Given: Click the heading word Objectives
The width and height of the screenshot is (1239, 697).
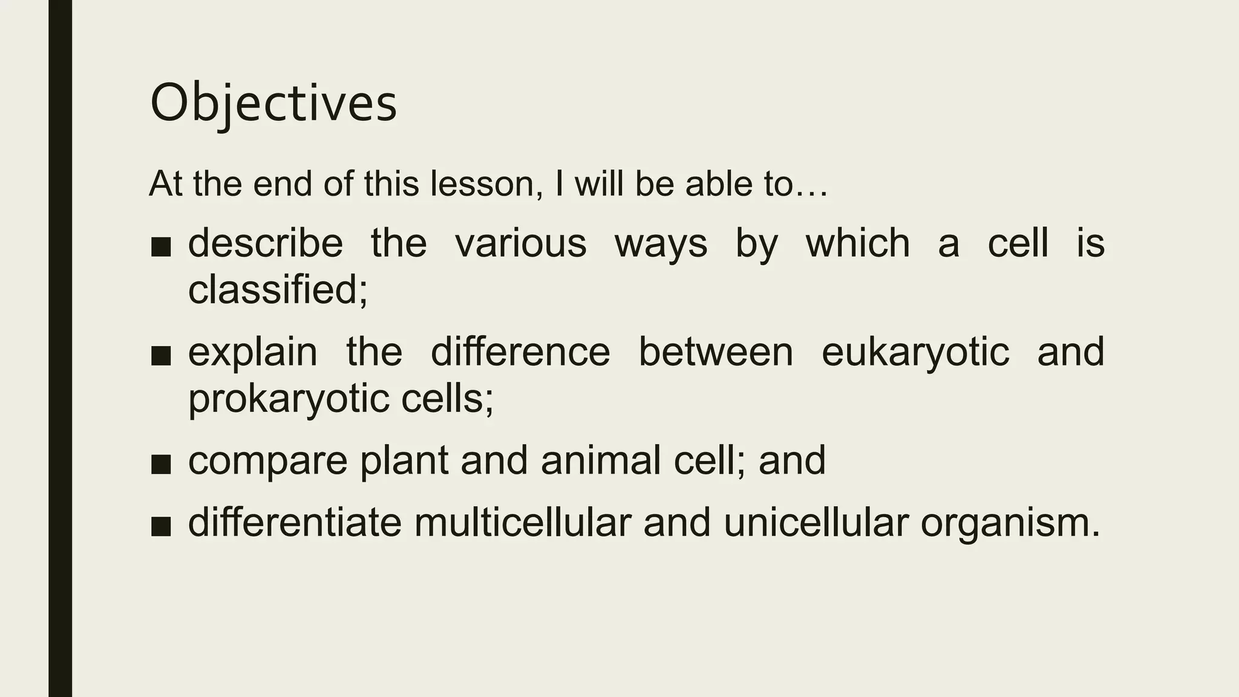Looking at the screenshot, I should tap(273, 103).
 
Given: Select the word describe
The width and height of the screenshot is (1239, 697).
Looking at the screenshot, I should tap(266, 243).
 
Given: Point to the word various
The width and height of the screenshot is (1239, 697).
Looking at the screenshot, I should tap(521, 243).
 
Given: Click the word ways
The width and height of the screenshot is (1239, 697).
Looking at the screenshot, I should tap(661, 244).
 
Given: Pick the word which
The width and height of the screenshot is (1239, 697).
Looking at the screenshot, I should tap(857, 243).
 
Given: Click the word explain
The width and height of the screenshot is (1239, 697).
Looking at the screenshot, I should tap(252, 352).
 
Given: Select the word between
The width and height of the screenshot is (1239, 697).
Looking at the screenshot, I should tap(716, 352).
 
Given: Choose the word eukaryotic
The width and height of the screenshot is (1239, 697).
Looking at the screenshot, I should tap(915, 352).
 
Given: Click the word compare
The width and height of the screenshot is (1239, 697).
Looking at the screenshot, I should tap(267, 461).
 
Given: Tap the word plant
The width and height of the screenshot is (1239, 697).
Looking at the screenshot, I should tap(404, 461).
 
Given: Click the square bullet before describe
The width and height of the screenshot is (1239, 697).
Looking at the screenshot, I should tap(161, 246).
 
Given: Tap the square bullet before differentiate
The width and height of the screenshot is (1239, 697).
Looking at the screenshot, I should tap(161, 525).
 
